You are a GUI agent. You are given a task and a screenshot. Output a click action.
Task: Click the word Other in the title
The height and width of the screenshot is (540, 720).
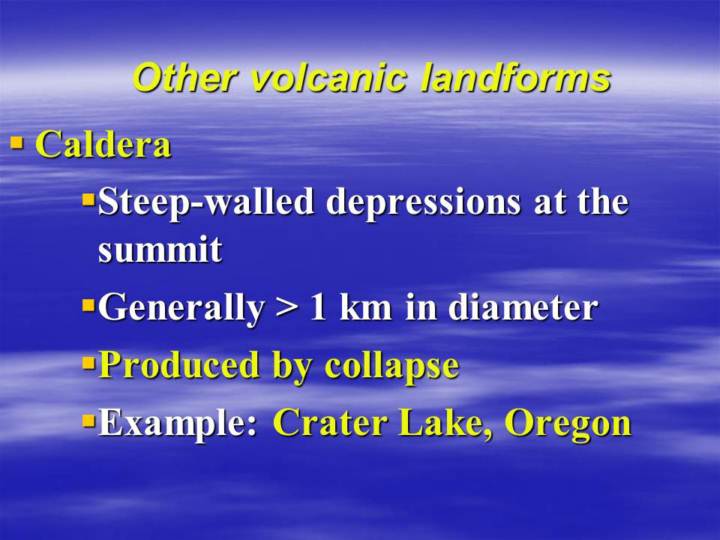185,77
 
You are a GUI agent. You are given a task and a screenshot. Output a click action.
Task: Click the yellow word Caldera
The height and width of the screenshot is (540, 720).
103,144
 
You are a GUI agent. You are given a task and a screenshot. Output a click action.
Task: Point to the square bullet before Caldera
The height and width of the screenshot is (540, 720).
17,142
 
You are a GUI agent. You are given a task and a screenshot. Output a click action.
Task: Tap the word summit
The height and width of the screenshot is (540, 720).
160,250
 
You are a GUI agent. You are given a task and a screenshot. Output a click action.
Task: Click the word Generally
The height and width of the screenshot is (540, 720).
181,308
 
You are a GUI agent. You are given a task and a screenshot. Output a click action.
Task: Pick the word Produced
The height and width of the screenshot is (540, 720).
180,365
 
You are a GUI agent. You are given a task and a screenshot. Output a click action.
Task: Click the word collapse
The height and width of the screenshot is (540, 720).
392,366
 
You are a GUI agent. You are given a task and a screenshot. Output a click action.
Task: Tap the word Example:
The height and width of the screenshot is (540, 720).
177,423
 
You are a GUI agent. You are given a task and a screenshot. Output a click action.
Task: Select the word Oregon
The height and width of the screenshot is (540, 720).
568,424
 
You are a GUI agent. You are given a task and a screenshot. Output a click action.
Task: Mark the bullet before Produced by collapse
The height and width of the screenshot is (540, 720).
88,363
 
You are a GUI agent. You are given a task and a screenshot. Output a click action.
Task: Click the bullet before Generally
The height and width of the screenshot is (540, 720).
88,304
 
